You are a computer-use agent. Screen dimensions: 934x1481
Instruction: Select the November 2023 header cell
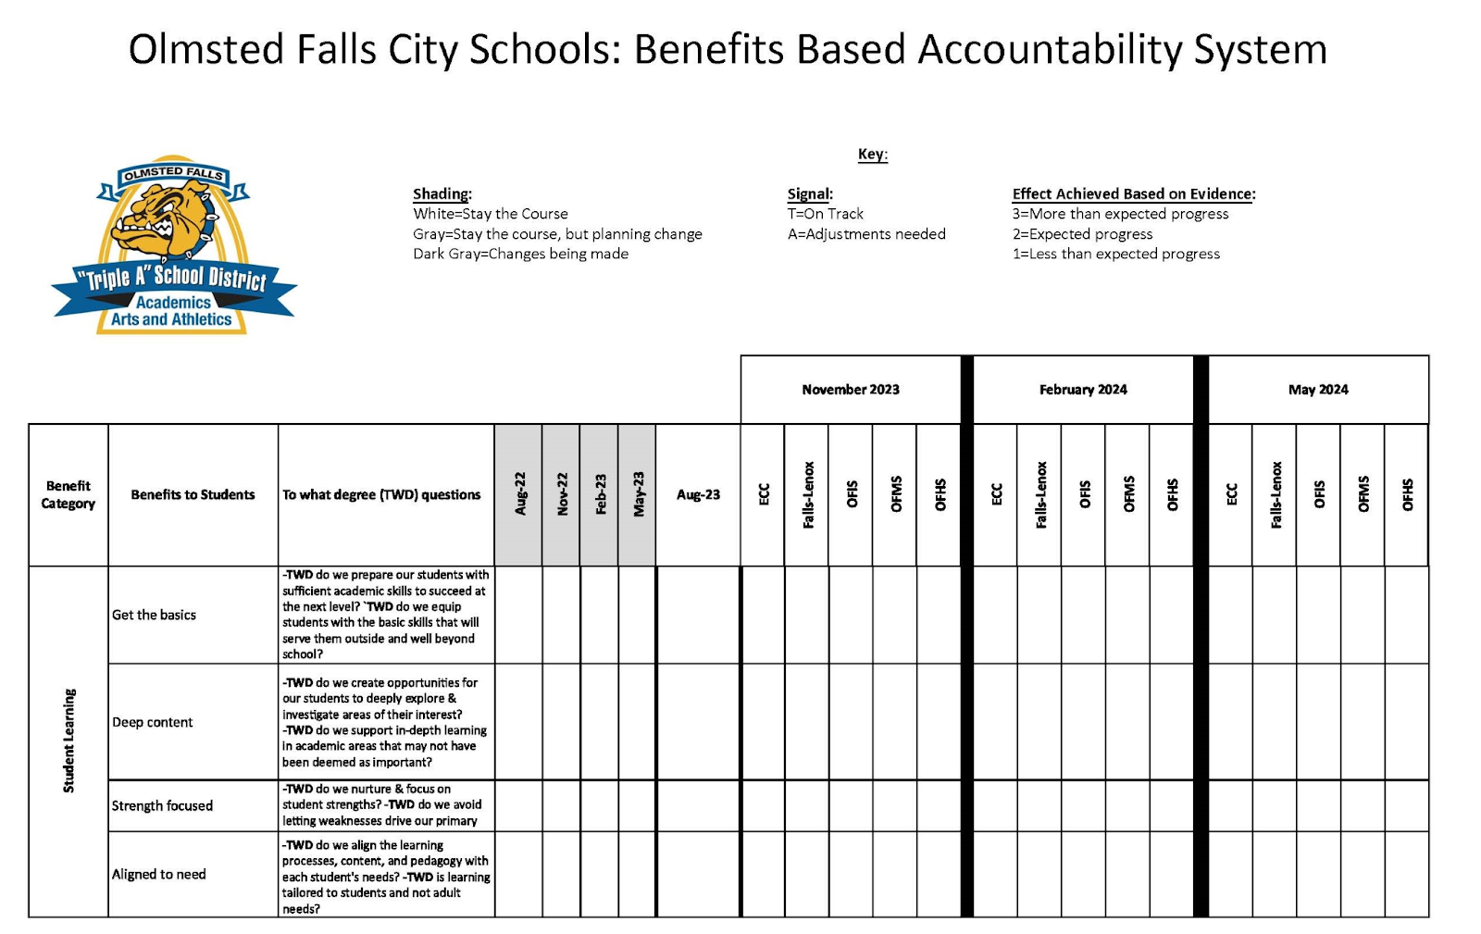[x=850, y=390]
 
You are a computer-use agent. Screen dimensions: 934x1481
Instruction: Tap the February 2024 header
[x=1083, y=390]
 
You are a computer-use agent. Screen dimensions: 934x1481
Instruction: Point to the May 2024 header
[x=1318, y=390]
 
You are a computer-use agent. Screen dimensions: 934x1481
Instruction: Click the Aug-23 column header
[x=698, y=495]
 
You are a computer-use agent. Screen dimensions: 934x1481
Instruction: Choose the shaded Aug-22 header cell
[x=519, y=495]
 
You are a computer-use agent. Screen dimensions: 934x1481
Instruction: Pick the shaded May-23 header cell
[x=638, y=495]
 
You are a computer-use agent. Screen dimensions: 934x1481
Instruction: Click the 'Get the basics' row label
[x=155, y=615]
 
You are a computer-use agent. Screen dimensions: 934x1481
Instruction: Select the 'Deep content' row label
[x=153, y=722]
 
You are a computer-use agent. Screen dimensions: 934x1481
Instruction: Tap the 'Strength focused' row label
[x=162, y=806]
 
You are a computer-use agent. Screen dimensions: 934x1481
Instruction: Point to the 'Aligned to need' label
[x=159, y=875]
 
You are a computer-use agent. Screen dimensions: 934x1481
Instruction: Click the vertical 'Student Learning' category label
[x=68, y=741]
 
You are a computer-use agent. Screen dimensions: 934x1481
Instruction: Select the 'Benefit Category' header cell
[x=68, y=495]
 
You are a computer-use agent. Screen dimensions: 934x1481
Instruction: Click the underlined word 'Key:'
[x=872, y=155]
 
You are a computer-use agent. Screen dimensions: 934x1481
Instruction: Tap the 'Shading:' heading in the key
[x=442, y=194]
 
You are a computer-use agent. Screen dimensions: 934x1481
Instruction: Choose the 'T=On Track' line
[x=826, y=214]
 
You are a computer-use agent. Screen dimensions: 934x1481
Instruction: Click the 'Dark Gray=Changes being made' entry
[x=520, y=254]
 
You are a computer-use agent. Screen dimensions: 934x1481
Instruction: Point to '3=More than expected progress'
[x=1120, y=214]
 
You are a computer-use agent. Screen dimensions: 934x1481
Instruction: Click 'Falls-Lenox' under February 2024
[x=1040, y=495]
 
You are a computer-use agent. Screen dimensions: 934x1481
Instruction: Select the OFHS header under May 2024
[x=1407, y=495]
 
